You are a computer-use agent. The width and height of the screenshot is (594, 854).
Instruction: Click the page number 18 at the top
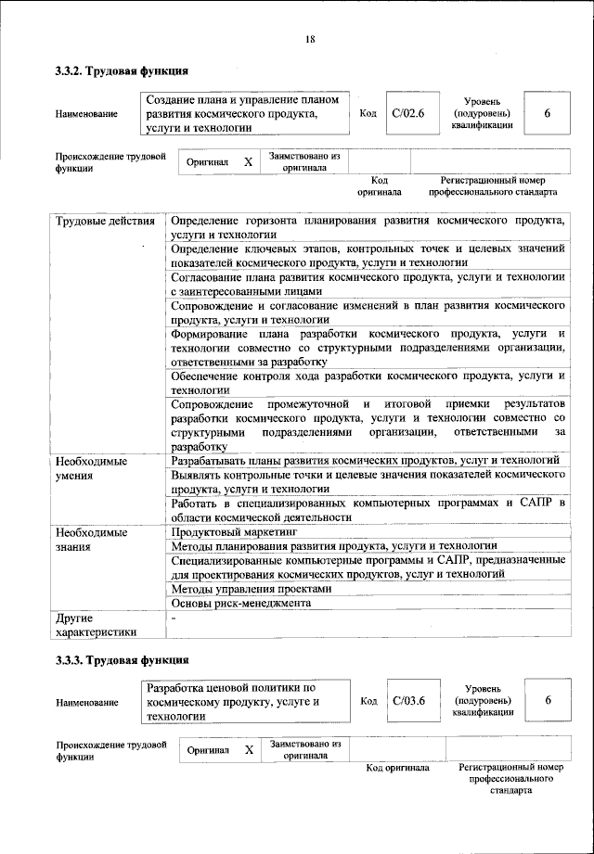click(x=310, y=39)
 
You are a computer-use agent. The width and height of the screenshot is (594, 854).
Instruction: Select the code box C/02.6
click(x=408, y=113)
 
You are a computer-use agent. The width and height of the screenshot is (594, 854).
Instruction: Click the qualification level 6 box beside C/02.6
click(x=548, y=113)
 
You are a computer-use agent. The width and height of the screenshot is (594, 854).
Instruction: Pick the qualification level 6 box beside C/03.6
click(x=548, y=701)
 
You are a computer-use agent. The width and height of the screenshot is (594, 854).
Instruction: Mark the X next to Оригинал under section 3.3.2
click(x=248, y=161)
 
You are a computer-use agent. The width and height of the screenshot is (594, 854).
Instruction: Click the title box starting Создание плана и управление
click(x=246, y=113)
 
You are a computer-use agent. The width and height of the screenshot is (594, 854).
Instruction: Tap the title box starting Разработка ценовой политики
click(x=246, y=702)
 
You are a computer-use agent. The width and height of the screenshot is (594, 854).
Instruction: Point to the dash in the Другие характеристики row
click(x=173, y=617)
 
